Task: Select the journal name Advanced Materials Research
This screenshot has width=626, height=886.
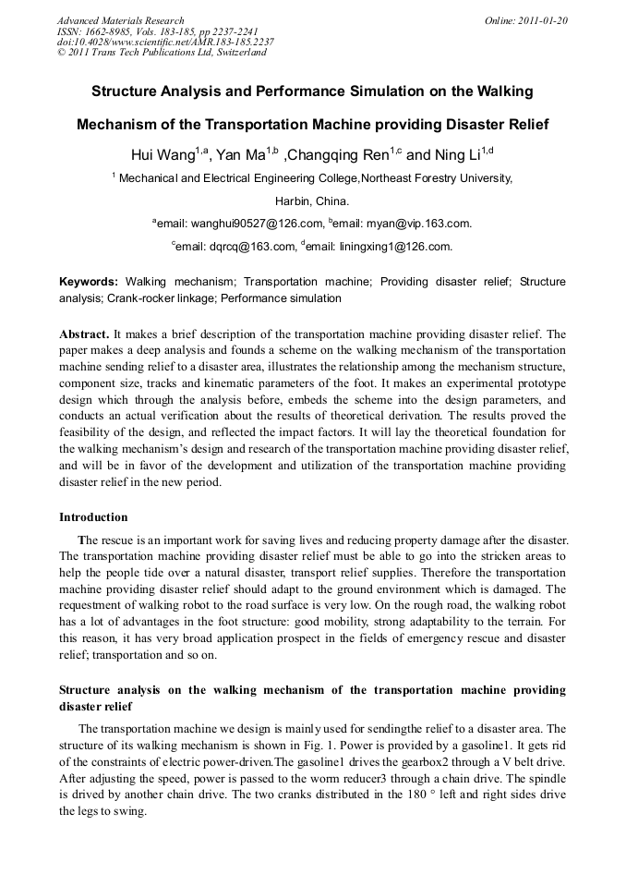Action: (120, 20)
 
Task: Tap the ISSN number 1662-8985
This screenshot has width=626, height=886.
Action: (112, 31)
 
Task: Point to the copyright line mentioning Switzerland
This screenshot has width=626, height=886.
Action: (162, 53)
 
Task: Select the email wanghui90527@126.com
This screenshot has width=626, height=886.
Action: (240, 224)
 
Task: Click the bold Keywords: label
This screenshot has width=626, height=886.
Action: (89, 281)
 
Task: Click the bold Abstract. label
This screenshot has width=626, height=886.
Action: (84, 334)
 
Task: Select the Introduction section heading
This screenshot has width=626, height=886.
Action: (93, 517)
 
